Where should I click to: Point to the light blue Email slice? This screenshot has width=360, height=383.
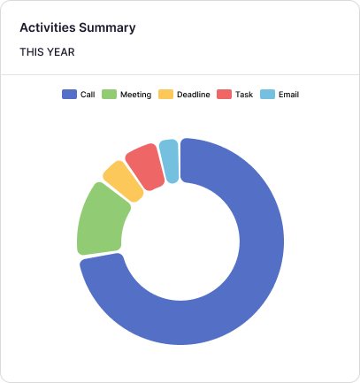(169, 159)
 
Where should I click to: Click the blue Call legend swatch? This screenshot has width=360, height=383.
(68, 94)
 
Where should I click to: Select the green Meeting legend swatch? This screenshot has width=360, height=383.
(110, 94)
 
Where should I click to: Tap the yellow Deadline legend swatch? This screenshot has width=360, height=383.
(165, 94)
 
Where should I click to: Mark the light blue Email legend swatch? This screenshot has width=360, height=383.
(267, 94)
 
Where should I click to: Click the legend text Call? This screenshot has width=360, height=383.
(88, 94)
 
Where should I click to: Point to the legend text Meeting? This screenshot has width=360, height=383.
(136, 94)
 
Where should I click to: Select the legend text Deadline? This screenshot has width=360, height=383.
(194, 94)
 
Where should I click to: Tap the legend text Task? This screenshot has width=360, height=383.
(244, 94)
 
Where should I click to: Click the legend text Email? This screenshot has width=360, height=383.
(288, 94)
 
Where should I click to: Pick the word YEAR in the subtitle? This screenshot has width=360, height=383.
(62, 52)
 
